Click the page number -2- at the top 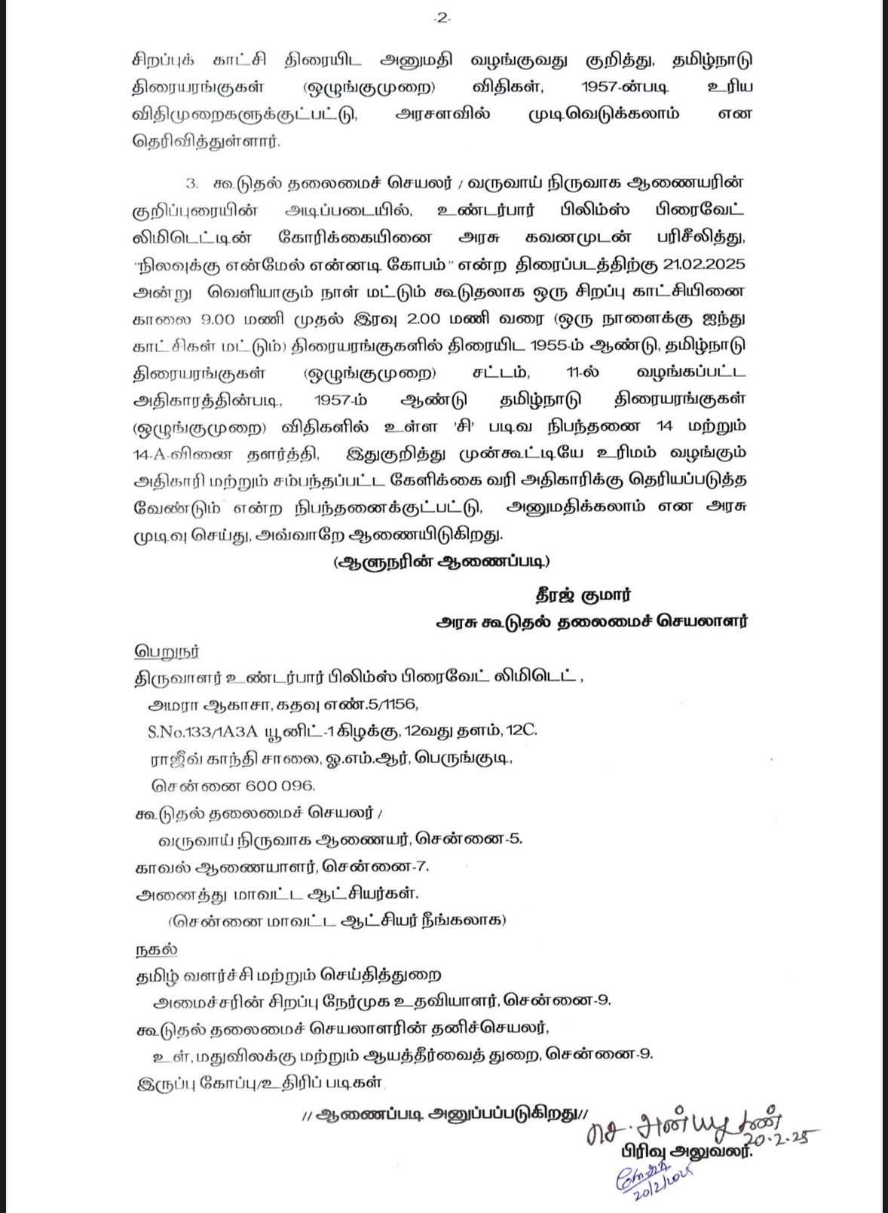[x=442, y=19]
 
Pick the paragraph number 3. [x=192, y=183]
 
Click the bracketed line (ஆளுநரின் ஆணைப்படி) [x=441, y=562]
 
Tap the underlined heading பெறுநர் [x=167, y=651]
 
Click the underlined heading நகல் [x=156, y=948]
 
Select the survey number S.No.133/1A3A [x=203, y=731]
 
